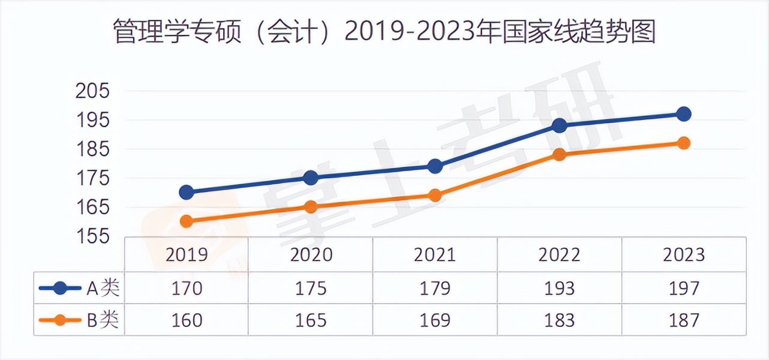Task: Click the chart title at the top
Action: tap(384, 31)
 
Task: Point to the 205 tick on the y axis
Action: tap(93, 91)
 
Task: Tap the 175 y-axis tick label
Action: tap(93, 178)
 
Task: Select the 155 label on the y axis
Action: tap(93, 236)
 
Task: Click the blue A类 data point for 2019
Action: tap(187, 192)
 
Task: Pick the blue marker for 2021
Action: tap(435, 166)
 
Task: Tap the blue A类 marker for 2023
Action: tap(684, 114)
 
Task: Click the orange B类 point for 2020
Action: tap(311, 207)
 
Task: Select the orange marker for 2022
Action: tap(560, 155)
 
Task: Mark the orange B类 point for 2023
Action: tap(684, 143)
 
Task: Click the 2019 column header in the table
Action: tap(187, 255)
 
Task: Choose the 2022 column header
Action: tap(560, 255)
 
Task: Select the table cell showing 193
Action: tap(560, 289)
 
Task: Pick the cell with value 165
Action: tap(311, 320)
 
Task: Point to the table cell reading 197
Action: tap(684, 289)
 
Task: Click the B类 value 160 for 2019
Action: tap(187, 320)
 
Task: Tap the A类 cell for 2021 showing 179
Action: tap(435, 289)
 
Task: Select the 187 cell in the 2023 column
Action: tap(684, 320)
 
